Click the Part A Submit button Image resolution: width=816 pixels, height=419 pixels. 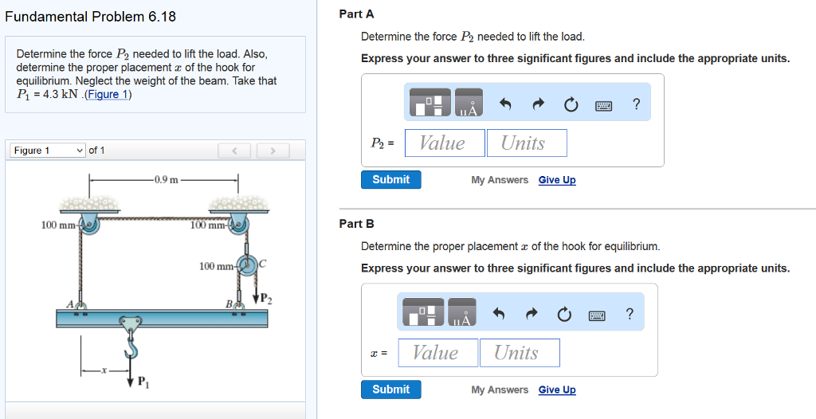(390, 180)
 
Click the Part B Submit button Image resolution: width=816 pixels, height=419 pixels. (390, 390)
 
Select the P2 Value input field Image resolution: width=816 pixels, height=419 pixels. (445, 143)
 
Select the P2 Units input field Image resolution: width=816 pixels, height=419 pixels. (527, 143)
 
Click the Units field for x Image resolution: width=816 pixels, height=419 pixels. (520, 353)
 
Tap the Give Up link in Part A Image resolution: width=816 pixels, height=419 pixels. (556, 180)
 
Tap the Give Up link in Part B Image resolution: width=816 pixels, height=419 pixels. (556, 390)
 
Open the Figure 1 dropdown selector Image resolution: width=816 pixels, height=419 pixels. (48, 151)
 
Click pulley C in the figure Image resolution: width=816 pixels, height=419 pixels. (247, 266)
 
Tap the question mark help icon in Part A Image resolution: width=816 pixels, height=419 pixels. (636, 104)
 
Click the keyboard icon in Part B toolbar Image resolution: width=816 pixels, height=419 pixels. (598, 315)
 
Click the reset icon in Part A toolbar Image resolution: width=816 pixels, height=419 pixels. (570, 104)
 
